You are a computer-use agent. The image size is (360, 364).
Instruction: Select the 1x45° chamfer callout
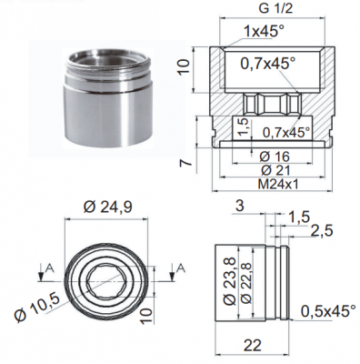(265, 31)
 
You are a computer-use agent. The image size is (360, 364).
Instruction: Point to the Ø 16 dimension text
(275, 157)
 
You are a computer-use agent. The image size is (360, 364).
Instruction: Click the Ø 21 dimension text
(275, 170)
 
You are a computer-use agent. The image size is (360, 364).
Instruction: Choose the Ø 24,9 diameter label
(107, 207)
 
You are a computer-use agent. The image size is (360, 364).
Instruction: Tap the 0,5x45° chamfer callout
(327, 311)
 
